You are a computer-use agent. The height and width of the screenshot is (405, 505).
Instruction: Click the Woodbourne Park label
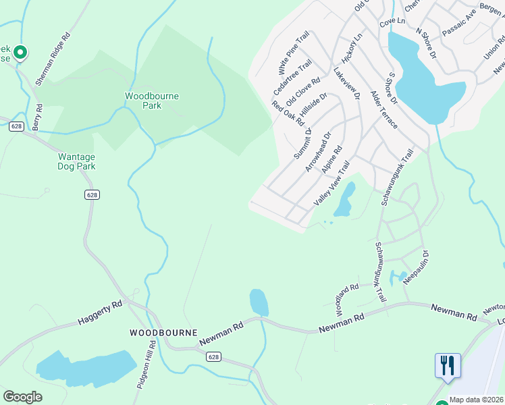tap(152, 101)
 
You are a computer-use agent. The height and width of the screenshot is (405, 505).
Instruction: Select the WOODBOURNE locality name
tap(163, 333)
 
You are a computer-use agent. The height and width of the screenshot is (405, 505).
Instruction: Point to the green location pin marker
tap(20, 52)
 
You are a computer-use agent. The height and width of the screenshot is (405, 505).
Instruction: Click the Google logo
tap(22, 397)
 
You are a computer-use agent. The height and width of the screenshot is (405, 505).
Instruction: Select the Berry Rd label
tap(38, 116)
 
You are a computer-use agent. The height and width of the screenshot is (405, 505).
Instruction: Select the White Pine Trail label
tap(293, 53)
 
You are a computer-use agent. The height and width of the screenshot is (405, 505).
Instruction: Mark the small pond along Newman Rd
tap(259, 302)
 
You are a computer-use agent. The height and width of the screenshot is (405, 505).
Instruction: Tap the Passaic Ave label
tap(459, 26)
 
